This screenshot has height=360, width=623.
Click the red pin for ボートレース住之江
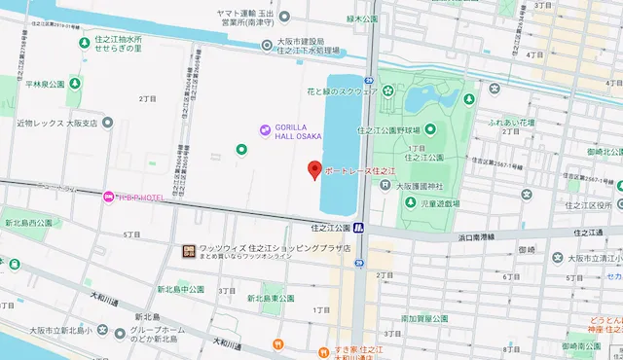click(313, 169)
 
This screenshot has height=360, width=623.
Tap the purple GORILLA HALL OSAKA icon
click(265, 130)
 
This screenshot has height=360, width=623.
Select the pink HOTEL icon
click(108, 198)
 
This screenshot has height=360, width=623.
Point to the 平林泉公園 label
click(44, 85)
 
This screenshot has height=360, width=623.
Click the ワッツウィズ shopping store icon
click(188, 251)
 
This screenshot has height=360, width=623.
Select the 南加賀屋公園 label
click(424, 318)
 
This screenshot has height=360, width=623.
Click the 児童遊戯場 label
click(421, 205)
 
